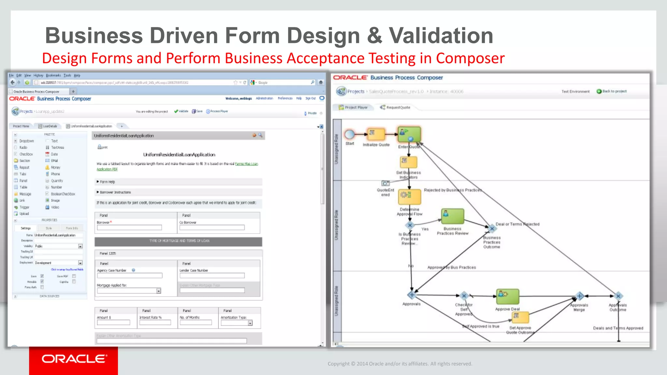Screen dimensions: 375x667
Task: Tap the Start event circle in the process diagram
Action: pyautogui.click(x=349, y=134)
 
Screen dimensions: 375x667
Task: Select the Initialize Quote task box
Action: pyautogui.click(x=376, y=134)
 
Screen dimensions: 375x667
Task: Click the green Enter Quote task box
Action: pyautogui.click(x=409, y=134)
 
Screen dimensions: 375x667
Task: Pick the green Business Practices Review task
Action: pyautogui.click(x=452, y=216)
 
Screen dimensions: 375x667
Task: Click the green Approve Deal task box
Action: pyautogui.click(x=507, y=296)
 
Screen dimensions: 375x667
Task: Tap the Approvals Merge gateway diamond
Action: pyautogui.click(x=579, y=296)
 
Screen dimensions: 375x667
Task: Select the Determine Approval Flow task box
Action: pyautogui.click(x=409, y=196)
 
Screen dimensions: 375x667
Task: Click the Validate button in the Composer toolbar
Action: pyautogui.click(x=181, y=111)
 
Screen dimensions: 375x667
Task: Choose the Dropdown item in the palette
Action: pyautogui.click(x=26, y=141)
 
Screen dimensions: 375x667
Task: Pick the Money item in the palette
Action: pyautogui.click(x=55, y=167)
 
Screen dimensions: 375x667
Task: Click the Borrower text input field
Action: pyautogui.click(x=129, y=228)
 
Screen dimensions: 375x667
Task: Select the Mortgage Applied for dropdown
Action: pyautogui.click(x=129, y=291)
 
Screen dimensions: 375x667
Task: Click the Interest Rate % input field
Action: pyautogui.click(x=155, y=322)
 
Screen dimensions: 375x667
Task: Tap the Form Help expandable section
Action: pyautogui.click(x=107, y=182)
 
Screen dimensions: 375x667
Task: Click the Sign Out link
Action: pyautogui.click(x=310, y=98)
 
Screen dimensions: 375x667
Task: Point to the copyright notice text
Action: pyautogui.click(x=400, y=364)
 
